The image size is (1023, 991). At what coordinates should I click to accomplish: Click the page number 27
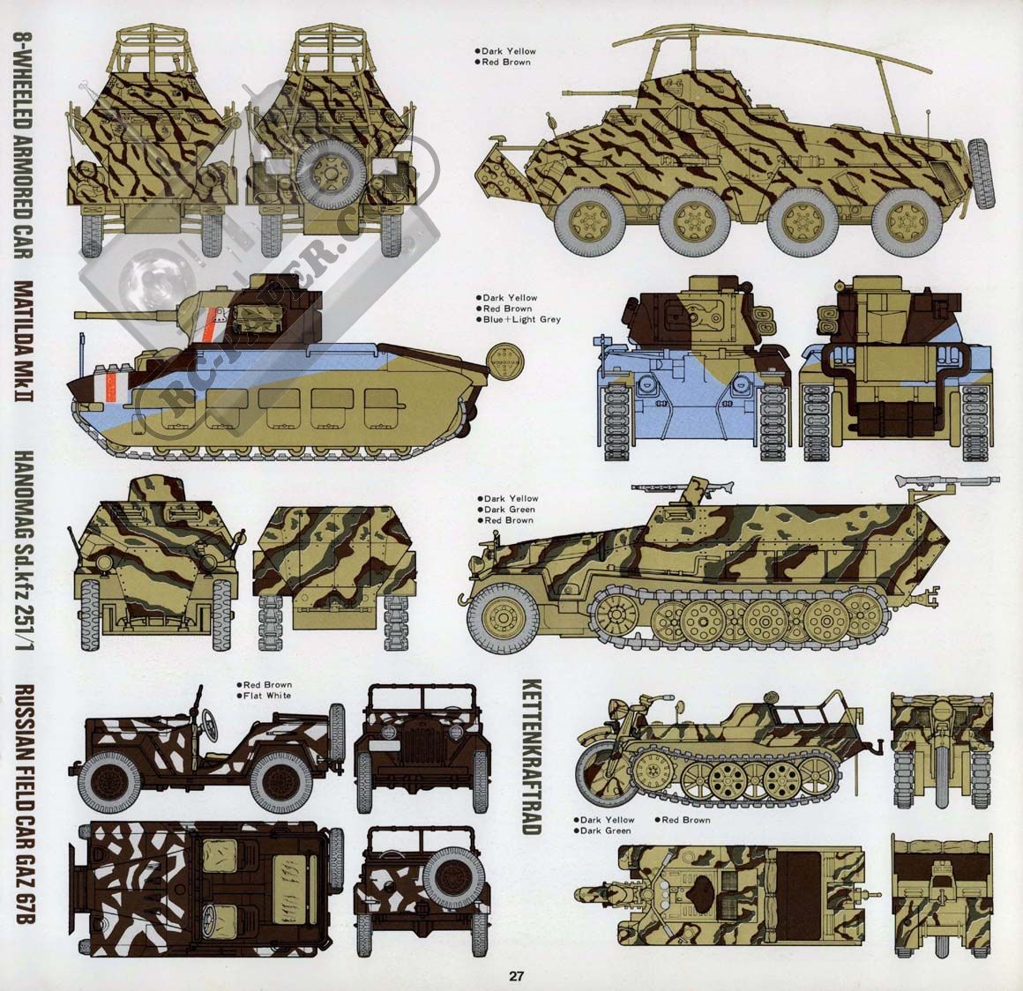516,976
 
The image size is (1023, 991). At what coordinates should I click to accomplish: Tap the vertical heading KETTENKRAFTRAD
532,756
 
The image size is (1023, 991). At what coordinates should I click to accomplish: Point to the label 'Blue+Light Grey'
522,320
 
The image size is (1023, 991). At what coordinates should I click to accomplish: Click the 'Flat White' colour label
267,696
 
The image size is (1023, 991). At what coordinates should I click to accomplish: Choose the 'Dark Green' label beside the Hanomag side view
510,510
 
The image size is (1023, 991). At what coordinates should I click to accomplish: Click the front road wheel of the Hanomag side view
504,616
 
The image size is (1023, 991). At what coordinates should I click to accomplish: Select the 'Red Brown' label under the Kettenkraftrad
686,820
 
